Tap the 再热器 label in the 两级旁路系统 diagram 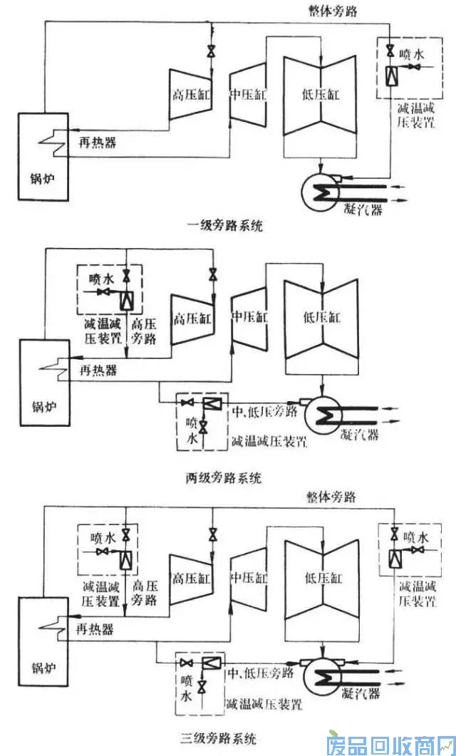coord(98,372)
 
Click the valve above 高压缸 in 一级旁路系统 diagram coord(212,52)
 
